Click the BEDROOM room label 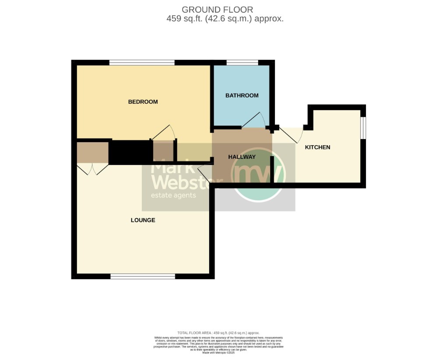(x=143, y=102)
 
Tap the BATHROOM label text (x=242, y=95)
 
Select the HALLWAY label (x=242, y=157)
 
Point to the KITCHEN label (x=317, y=147)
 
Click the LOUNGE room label (x=143, y=220)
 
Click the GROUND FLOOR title (x=217, y=10)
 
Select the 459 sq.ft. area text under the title (x=225, y=19)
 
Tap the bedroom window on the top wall (x=142, y=63)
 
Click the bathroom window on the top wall (x=242, y=63)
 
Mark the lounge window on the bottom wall (x=143, y=276)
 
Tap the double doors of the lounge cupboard (x=92, y=169)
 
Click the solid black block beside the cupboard (x=130, y=152)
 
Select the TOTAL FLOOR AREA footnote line (x=218, y=333)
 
